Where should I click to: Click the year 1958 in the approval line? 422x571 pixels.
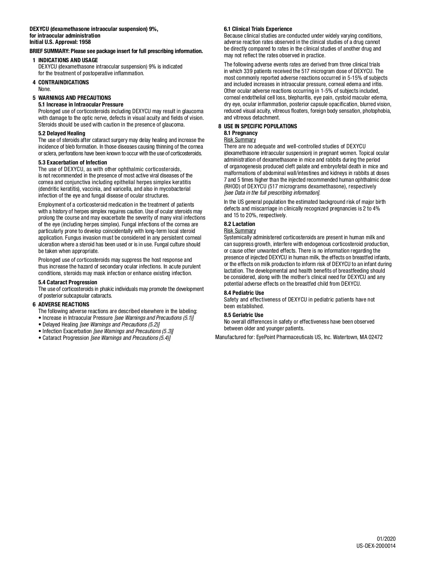(85, 42)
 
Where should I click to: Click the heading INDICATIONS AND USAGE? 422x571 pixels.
(68, 60)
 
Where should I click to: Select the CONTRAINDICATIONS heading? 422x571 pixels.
(63, 82)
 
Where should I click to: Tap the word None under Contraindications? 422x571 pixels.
(44, 89)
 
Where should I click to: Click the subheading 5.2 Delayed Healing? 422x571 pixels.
(62, 133)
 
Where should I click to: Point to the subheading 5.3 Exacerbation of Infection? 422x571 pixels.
(72, 162)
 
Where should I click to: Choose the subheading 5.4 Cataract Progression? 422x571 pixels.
(68, 282)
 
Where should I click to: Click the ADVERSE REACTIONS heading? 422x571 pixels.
(64, 304)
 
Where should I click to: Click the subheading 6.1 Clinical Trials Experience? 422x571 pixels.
(258, 29)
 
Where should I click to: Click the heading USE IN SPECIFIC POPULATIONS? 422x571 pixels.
(260, 126)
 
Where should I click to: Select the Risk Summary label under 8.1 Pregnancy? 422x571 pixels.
(240, 139)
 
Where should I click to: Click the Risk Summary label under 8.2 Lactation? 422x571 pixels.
(240, 231)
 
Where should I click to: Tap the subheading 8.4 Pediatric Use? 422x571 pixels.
(244, 293)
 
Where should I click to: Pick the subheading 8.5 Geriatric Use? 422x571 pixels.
(243, 315)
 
